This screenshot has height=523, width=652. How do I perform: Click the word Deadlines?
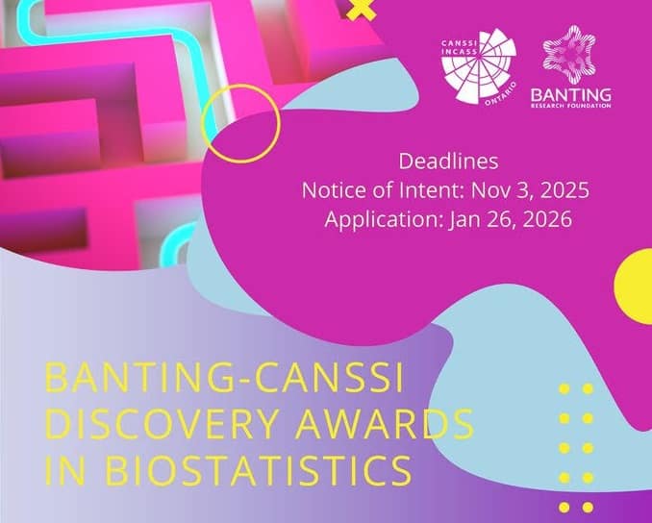pyautogui.click(x=446, y=161)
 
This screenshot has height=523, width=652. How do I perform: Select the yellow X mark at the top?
pyautogui.click(x=359, y=10)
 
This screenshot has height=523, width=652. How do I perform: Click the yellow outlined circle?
pyautogui.click(x=240, y=122)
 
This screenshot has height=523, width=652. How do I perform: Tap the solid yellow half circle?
pyautogui.click(x=636, y=286)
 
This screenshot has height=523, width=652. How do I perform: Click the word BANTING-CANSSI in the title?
pyautogui.click(x=223, y=379)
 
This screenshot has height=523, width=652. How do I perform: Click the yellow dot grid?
pyautogui.click(x=576, y=447)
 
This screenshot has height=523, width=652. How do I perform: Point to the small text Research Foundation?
pyautogui.click(x=574, y=104)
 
